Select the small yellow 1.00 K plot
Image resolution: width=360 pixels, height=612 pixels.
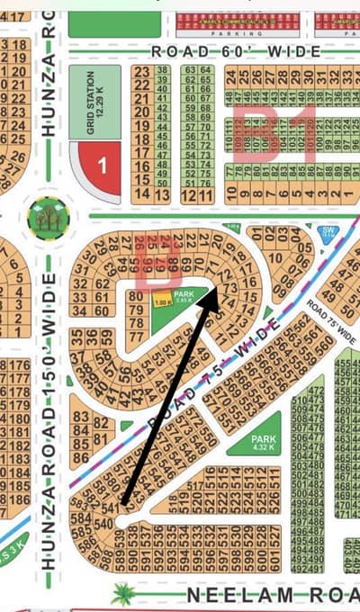pyautogui.click(x=162, y=303)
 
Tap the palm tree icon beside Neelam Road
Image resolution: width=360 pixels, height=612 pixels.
pyautogui.click(x=122, y=593)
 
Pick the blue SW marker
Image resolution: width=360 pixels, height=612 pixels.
pyautogui.click(x=328, y=233)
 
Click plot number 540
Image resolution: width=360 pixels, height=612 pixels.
pyautogui.click(x=106, y=525)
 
